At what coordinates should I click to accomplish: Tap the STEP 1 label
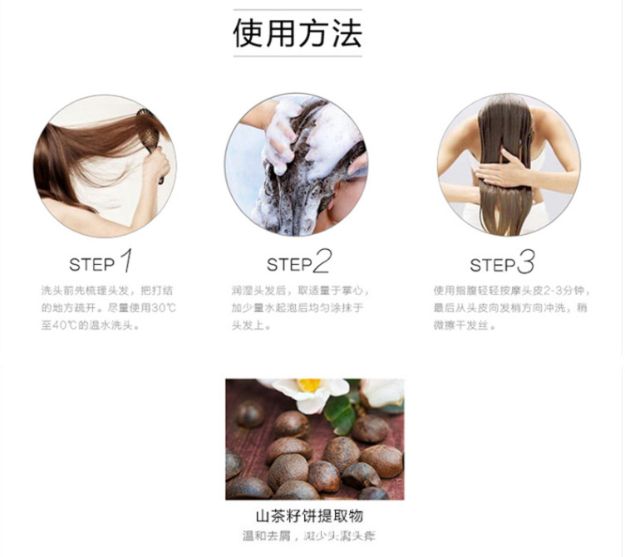tap(91, 265)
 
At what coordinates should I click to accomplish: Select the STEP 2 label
tap(288, 265)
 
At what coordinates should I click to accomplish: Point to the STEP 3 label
tap(493, 265)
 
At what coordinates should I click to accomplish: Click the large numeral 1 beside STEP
tap(125, 261)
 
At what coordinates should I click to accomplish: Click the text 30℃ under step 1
tap(163, 308)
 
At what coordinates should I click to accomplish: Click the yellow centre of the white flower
tap(308, 385)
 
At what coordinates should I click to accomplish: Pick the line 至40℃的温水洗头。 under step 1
tap(91, 325)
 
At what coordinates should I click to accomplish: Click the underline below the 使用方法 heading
tap(297, 57)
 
